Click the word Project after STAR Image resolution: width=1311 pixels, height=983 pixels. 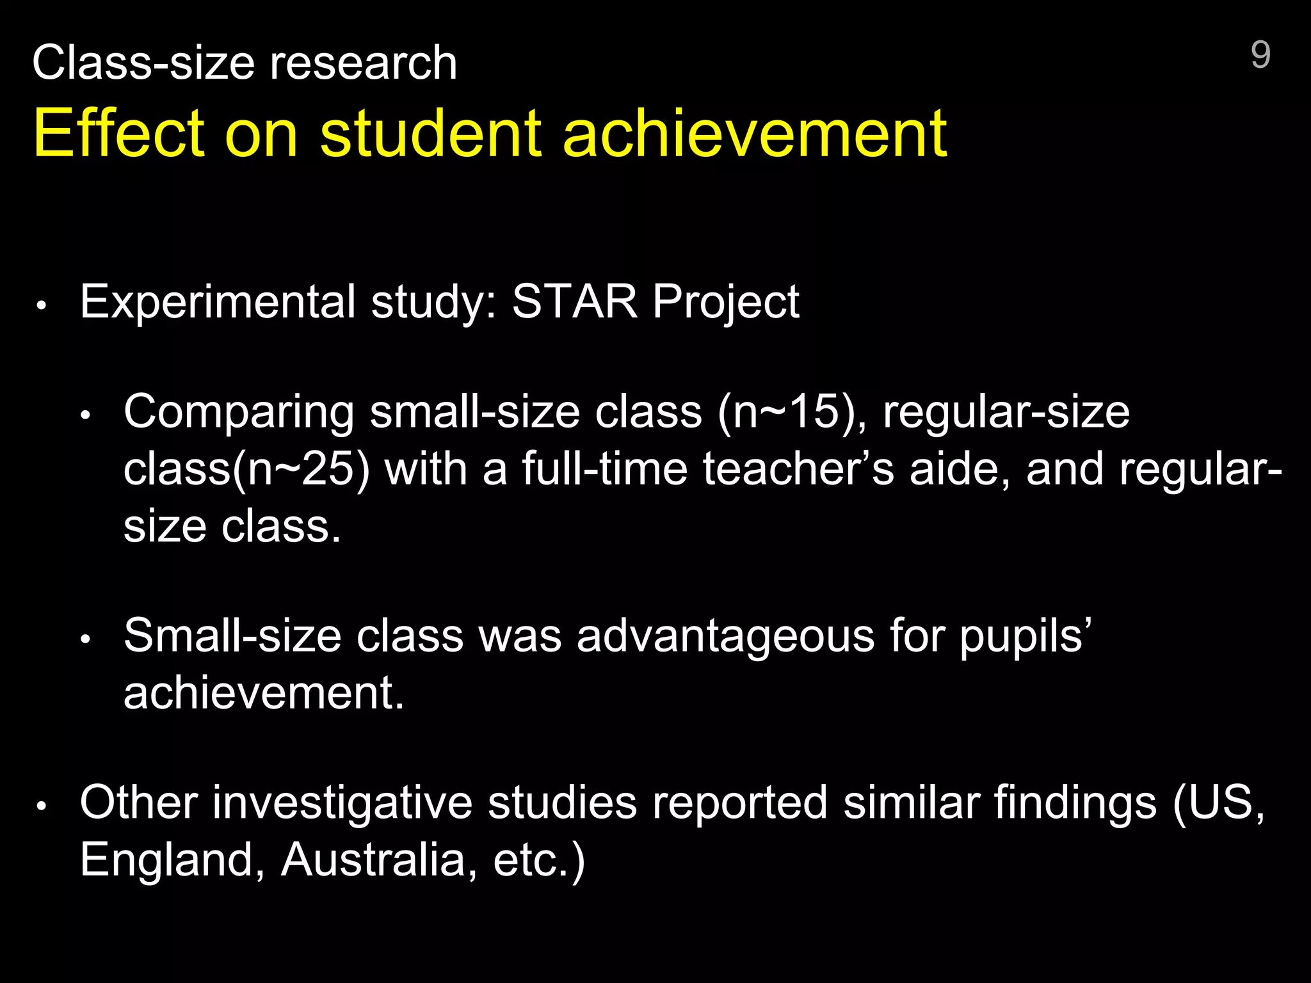click(726, 302)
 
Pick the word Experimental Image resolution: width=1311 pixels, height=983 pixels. click(218, 302)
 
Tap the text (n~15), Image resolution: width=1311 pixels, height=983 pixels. click(792, 412)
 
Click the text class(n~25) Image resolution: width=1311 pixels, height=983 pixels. click(246, 469)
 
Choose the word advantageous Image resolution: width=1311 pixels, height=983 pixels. click(725, 637)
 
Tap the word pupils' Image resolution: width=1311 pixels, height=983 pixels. click(1025, 637)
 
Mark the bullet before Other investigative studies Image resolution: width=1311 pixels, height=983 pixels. click(42, 806)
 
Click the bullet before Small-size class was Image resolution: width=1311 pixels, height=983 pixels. click(86, 639)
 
